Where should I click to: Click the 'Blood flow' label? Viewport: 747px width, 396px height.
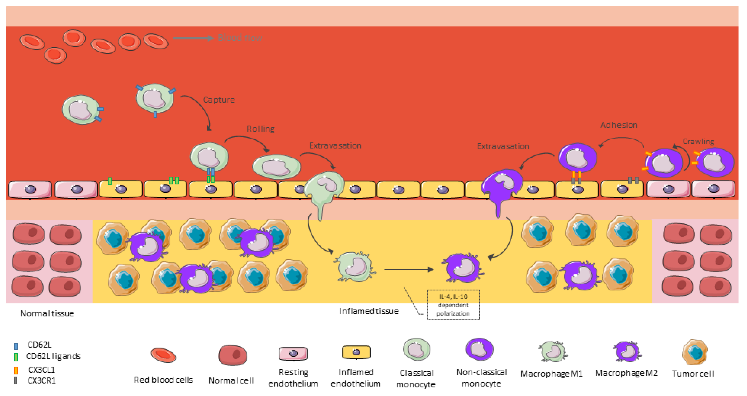tap(240, 38)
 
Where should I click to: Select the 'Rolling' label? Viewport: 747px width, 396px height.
tap(260, 129)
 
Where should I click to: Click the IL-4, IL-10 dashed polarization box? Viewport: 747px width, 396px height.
tap(453, 305)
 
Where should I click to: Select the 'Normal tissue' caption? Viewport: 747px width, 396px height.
tap(47, 313)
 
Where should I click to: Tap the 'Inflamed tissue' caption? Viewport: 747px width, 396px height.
tap(369, 311)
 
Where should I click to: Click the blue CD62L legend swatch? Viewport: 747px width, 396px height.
tap(16, 346)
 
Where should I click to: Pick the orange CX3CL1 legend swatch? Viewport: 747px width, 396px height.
tap(16, 370)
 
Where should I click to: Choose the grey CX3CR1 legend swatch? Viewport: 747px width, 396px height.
tap(16, 380)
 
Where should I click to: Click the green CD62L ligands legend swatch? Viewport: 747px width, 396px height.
tap(16, 357)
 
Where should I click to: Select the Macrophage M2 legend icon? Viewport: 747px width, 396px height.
tap(627, 352)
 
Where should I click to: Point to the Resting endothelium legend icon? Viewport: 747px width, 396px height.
tap(293, 353)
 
